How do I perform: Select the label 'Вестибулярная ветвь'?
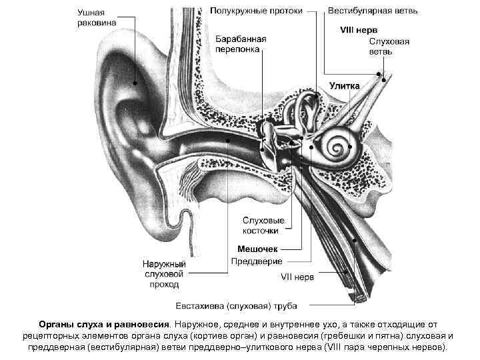point(363,11)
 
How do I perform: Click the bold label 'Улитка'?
point(345,85)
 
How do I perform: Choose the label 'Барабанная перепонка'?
point(240,45)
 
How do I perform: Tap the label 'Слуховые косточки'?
point(263,225)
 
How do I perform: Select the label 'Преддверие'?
point(257,261)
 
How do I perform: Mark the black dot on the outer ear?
point(135,83)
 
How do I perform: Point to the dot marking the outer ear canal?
point(228,141)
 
